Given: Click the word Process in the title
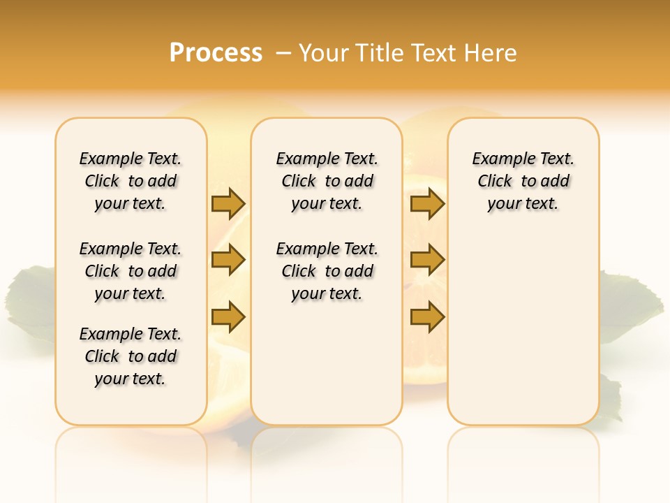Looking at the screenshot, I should pyautogui.click(x=216, y=53).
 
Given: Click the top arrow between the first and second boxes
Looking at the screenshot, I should pyautogui.click(x=228, y=203).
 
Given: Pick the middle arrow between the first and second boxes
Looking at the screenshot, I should pyautogui.click(x=228, y=261).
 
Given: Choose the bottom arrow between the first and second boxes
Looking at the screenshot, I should pyautogui.click(x=228, y=316).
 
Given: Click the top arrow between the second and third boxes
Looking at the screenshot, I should pyautogui.click(x=427, y=203).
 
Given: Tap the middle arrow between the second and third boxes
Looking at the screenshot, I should pyautogui.click(x=427, y=261).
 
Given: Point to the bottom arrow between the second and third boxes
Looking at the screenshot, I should pyautogui.click(x=427, y=316).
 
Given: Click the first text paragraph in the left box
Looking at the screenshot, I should pyautogui.click(x=131, y=181).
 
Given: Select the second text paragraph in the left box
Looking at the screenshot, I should pyautogui.click(x=131, y=271).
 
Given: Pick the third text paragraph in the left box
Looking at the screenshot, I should pyautogui.click(x=131, y=356).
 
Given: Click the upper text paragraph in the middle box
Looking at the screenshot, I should pyautogui.click(x=327, y=181).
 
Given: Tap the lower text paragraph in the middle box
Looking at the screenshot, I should pyautogui.click(x=327, y=271).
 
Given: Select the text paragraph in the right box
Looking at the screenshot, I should pyautogui.click(x=523, y=181).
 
